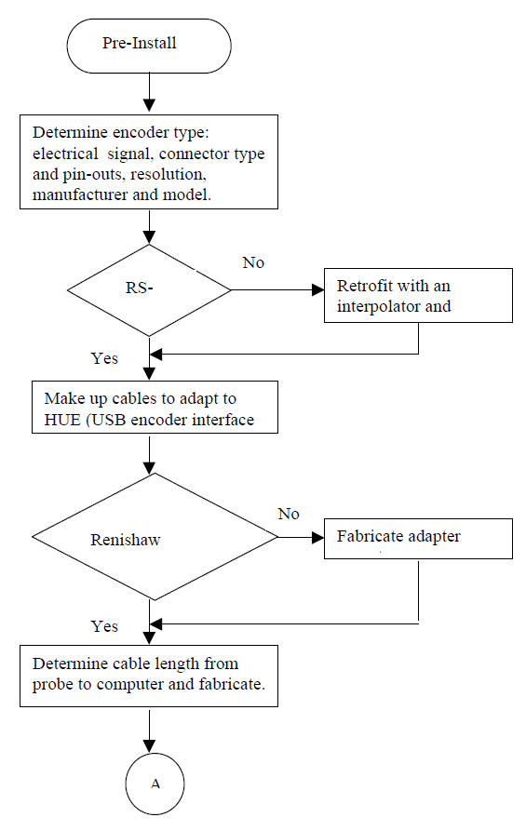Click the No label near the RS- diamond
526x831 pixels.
253,262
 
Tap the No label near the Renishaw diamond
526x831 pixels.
289,514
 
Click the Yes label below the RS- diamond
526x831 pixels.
104,358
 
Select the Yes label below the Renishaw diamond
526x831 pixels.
104,626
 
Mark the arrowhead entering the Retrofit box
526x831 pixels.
318,290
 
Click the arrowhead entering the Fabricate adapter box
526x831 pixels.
318,537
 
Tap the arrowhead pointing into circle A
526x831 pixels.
150,746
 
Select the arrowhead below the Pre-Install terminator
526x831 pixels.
150,105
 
